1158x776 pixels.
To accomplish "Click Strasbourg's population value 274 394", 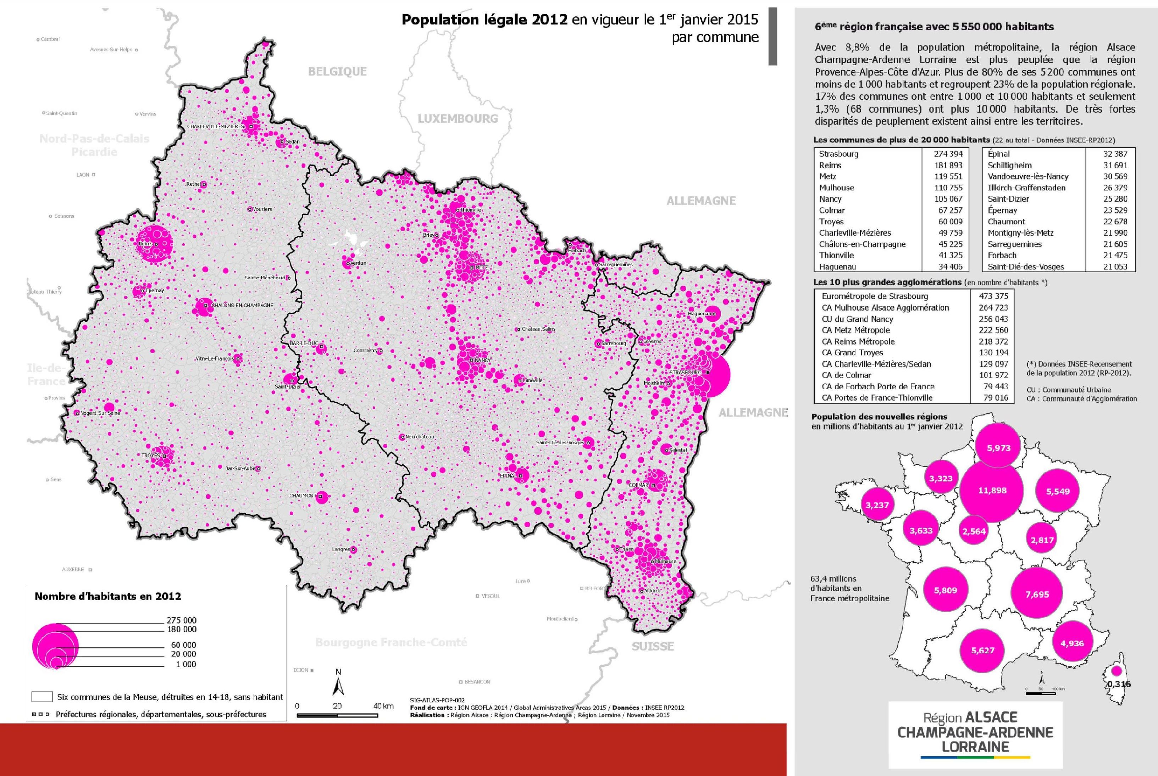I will tap(948, 154).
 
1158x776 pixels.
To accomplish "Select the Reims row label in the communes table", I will tap(830, 165).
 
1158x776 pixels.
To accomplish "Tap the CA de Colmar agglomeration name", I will tap(846, 375).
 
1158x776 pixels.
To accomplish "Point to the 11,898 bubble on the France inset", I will tap(992, 490).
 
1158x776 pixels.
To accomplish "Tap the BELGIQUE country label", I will tap(337, 72).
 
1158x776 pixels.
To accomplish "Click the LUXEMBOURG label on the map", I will tap(458, 119).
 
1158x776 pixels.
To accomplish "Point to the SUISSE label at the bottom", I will tap(653, 646).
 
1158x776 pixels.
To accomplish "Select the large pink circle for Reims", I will tap(155, 242).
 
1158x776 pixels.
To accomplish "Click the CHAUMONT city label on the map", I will tap(303, 495).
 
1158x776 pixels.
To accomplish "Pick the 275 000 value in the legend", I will tap(182, 620).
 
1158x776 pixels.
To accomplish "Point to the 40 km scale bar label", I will tap(383, 706).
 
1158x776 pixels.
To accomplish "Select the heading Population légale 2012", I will tap(484, 20).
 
